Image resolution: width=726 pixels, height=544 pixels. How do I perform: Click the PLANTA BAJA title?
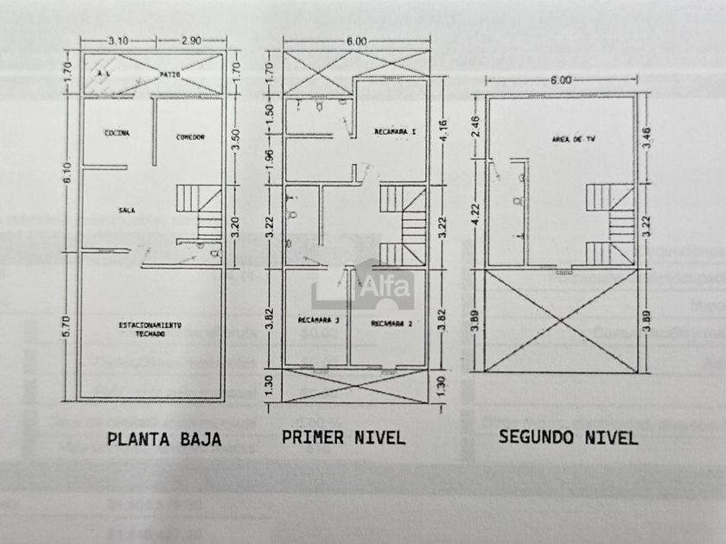point(164,439)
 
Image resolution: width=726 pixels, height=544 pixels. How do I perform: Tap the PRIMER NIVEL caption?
point(343,437)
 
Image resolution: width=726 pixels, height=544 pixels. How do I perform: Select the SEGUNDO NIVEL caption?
point(568,437)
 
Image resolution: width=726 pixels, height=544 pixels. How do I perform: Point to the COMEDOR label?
point(190,136)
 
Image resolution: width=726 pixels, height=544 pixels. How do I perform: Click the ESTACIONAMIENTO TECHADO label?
point(150,328)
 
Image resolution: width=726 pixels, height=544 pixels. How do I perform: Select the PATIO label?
point(169,76)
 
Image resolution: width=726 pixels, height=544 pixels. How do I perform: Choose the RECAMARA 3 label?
point(318,321)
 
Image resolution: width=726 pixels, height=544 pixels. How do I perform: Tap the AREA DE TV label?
point(567,138)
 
